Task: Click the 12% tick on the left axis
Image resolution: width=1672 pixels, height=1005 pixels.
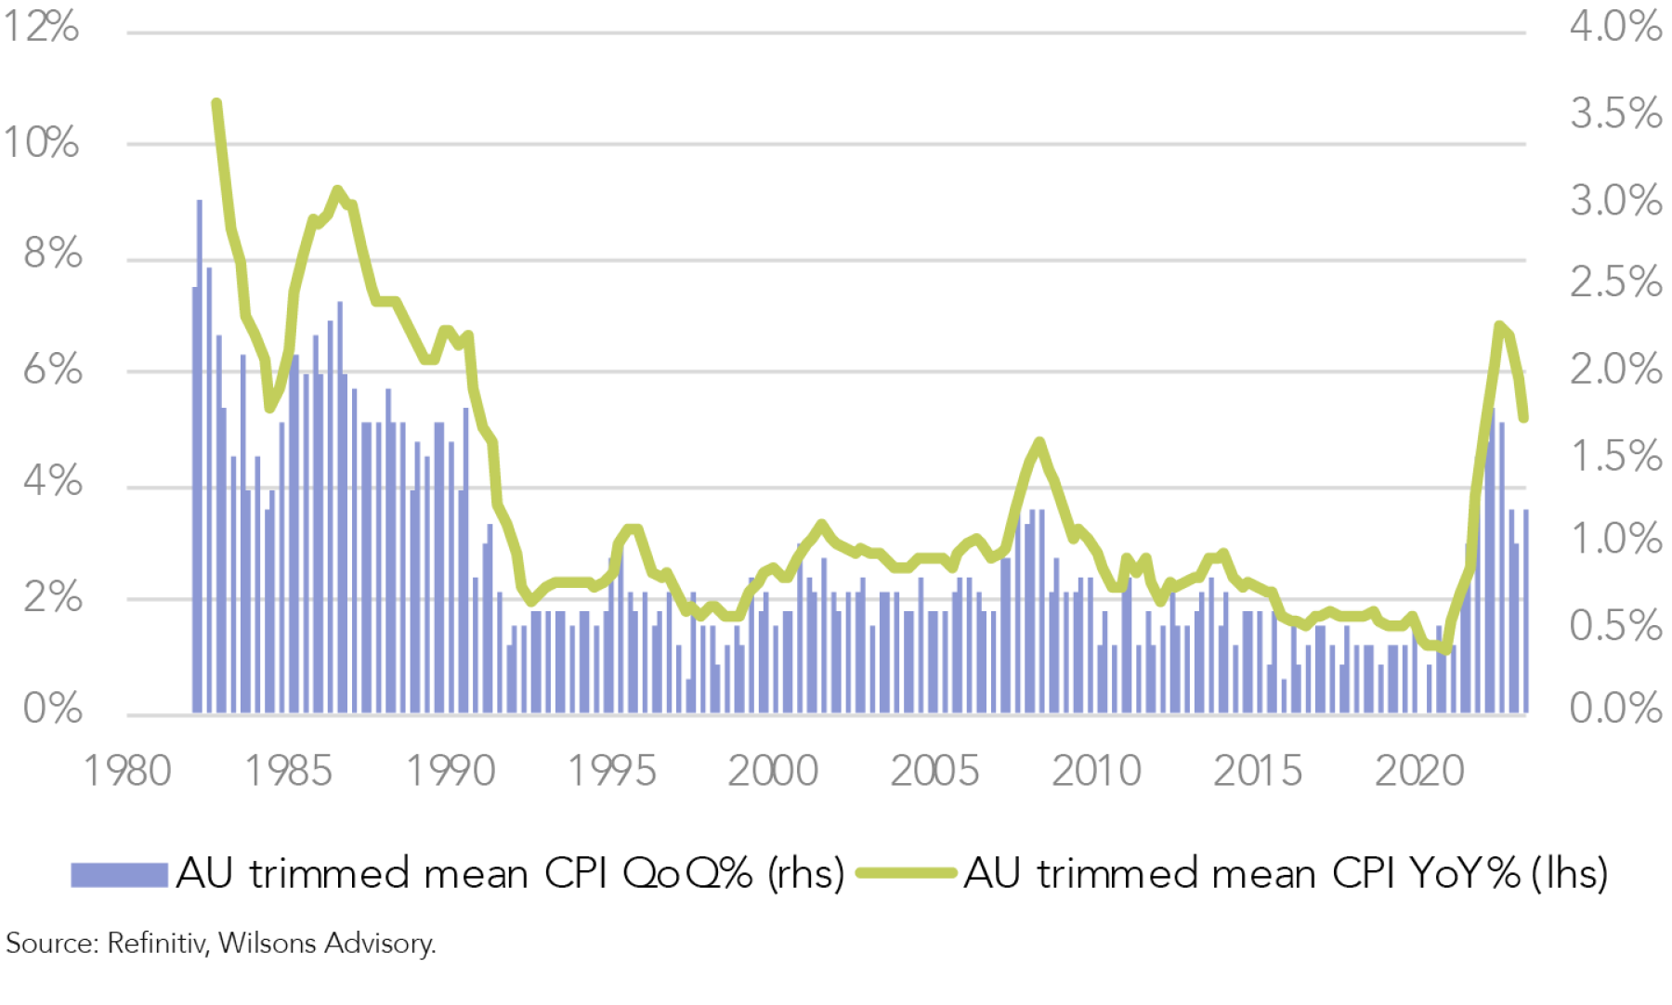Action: click(41, 26)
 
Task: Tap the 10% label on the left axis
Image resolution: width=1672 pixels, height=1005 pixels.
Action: click(41, 143)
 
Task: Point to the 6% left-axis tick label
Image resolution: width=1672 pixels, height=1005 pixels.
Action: click(52, 370)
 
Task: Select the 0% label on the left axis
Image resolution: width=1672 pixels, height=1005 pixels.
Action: click(52, 709)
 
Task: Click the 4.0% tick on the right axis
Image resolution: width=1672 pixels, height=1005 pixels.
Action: click(1615, 26)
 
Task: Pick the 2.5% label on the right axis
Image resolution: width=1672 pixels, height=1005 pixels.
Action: click(1615, 281)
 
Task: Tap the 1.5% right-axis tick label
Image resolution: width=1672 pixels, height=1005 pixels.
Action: click(1615, 456)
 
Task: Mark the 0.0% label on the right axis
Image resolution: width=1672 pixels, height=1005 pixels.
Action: click(1615, 709)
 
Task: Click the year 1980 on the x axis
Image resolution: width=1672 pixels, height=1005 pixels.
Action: click(128, 771)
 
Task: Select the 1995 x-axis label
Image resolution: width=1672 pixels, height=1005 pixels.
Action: click(612, 771)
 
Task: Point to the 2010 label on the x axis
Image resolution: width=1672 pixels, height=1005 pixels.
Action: click(1096, 771)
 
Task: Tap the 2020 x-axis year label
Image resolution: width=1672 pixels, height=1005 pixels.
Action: click(1419, 771)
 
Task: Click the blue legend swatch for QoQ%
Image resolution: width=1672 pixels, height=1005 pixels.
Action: click(119, 874)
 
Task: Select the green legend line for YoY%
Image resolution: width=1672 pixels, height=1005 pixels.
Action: click(906, 873)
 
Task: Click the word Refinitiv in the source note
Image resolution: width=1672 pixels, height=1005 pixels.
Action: click(156, 944)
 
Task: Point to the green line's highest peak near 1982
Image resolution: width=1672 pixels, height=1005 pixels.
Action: click(216, 103)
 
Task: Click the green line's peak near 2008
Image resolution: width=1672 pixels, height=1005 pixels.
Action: click(1039, 442)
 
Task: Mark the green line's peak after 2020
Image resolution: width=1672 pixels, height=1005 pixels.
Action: click(1499, 325)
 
